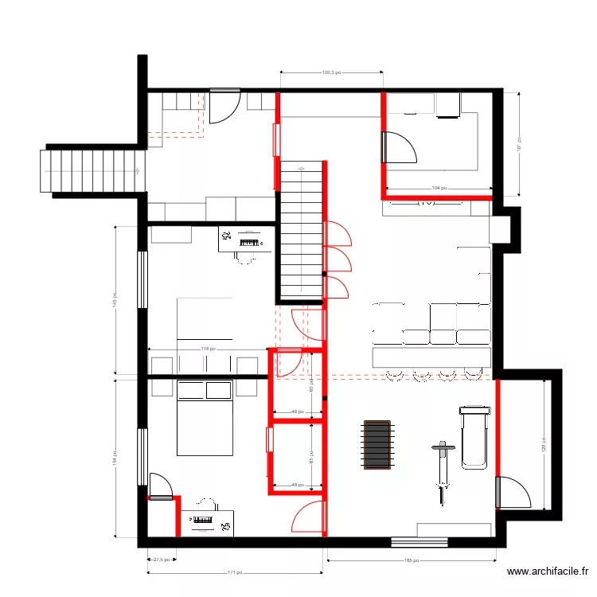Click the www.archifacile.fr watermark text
click(548, 572)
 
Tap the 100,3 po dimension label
click(331, 72)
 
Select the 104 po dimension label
click(438, 188)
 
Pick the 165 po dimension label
click(411, 561)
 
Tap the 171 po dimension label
click(236, 572)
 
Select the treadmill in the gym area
click(472, 437)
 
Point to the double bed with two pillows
click(204, 418)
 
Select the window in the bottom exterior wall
click(413, 543)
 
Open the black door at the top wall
click(222, 107)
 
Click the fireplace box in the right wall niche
click(500, 229)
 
